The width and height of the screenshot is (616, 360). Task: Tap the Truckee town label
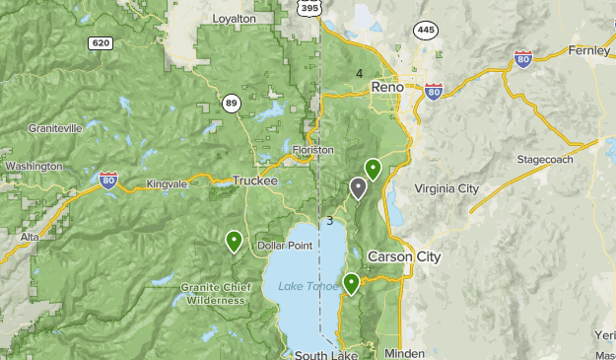click(255, 181)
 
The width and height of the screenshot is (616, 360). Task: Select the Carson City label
click(404, 256)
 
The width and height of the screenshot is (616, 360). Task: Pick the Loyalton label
click(234, 19)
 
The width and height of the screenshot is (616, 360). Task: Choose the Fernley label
click(589, 51)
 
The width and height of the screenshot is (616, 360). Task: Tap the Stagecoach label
click(544, 159)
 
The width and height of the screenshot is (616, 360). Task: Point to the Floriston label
click(313, 150)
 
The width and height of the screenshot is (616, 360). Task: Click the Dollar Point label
click(285, 245)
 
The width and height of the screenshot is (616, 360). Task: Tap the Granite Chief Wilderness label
click(212, 294)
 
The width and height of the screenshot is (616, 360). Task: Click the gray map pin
click(358, 187)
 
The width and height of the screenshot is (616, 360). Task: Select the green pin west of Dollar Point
click(234, 240)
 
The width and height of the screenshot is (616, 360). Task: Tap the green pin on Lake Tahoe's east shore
click(351, 284)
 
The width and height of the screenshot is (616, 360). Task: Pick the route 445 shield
click(424, 30)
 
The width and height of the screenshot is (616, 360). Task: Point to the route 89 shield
click(231, 103)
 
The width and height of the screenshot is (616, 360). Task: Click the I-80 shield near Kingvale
click(108, 180)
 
